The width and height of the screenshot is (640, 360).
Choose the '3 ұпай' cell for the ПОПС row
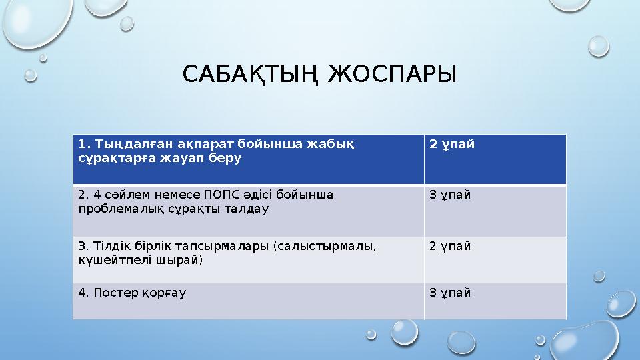(450, 195)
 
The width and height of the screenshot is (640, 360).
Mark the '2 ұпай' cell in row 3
(450, 246)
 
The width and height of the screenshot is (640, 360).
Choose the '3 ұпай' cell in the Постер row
(450, 293)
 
